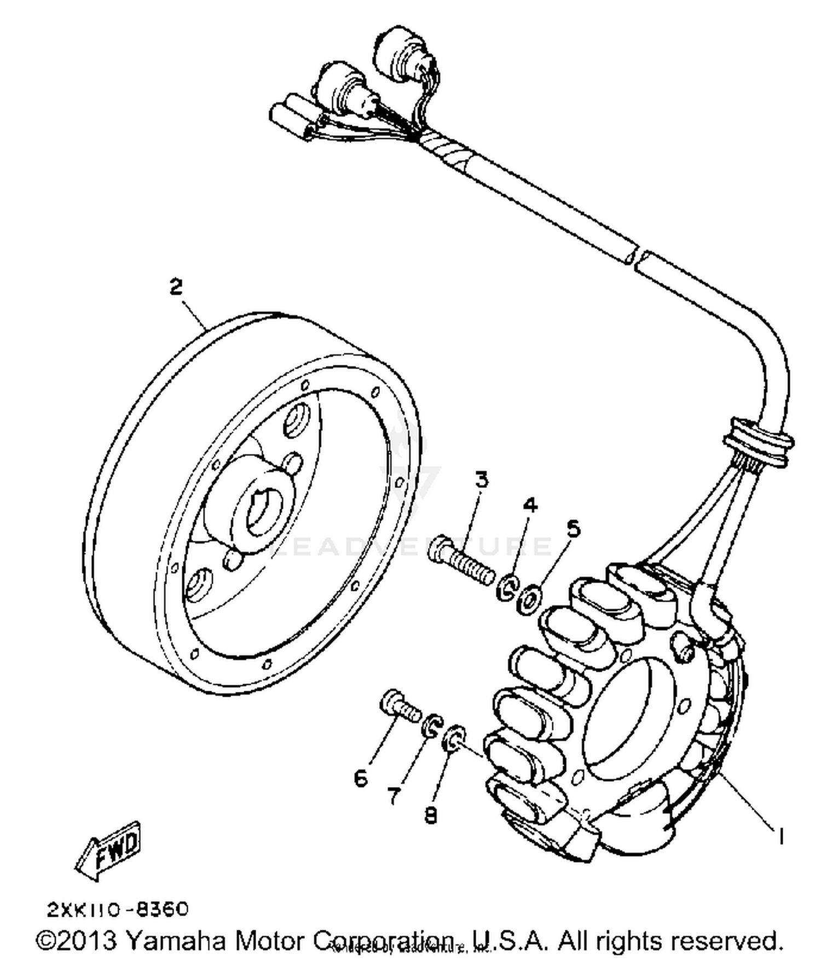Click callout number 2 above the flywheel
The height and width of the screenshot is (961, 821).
click(176, 287)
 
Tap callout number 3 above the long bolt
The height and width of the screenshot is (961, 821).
click(481, 480)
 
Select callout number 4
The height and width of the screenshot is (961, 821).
click(530, 504)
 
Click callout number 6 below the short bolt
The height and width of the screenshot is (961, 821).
click(361, 778)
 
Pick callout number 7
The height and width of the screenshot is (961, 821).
click(394, 796)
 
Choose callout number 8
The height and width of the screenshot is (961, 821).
click(431, 816)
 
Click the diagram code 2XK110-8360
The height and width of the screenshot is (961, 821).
click(118, 910)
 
